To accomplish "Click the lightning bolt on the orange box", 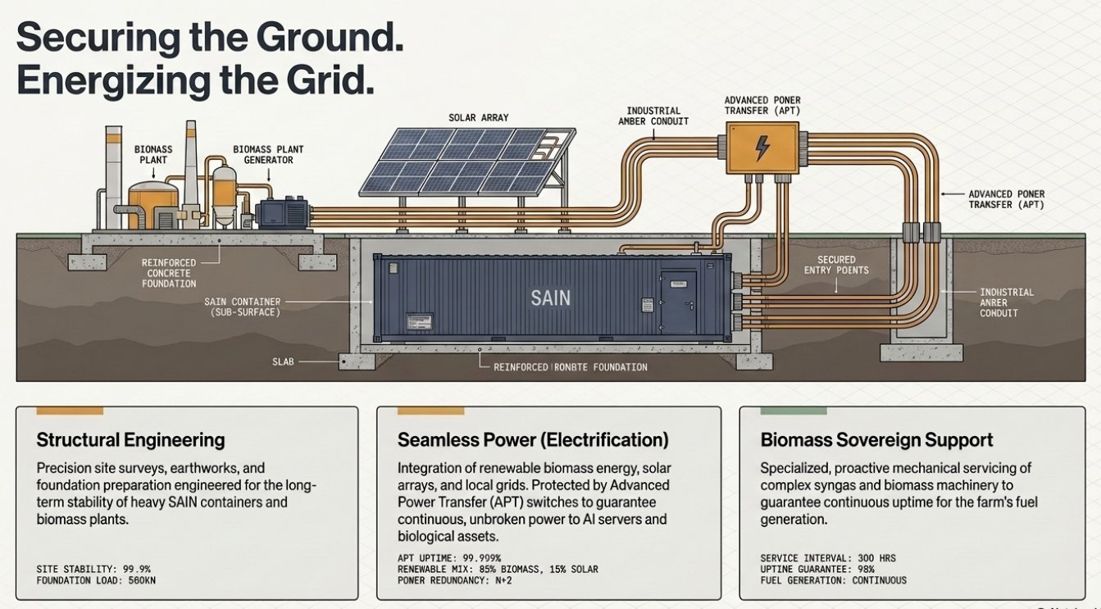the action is coord(762,148).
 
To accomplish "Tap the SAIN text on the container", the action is coord(551,298).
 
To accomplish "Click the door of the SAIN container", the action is coord(679,302).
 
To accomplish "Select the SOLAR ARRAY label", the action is coord(478,118).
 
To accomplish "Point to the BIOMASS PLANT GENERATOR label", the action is coord(268,154).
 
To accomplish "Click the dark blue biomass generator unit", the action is coord(284,213).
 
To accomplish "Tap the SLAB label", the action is coord(283,361).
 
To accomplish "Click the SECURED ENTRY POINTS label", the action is coord(836,265).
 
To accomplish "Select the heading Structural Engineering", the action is coord(130,439).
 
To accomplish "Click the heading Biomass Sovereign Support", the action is coord(876,439).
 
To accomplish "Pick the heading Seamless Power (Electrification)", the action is coord(533,439).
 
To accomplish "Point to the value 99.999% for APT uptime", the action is coord(482,558).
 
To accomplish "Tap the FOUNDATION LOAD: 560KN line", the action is coord(96,580).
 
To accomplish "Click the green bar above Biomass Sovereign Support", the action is coord(794,411).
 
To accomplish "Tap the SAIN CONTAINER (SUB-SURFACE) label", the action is coord(243,307).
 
